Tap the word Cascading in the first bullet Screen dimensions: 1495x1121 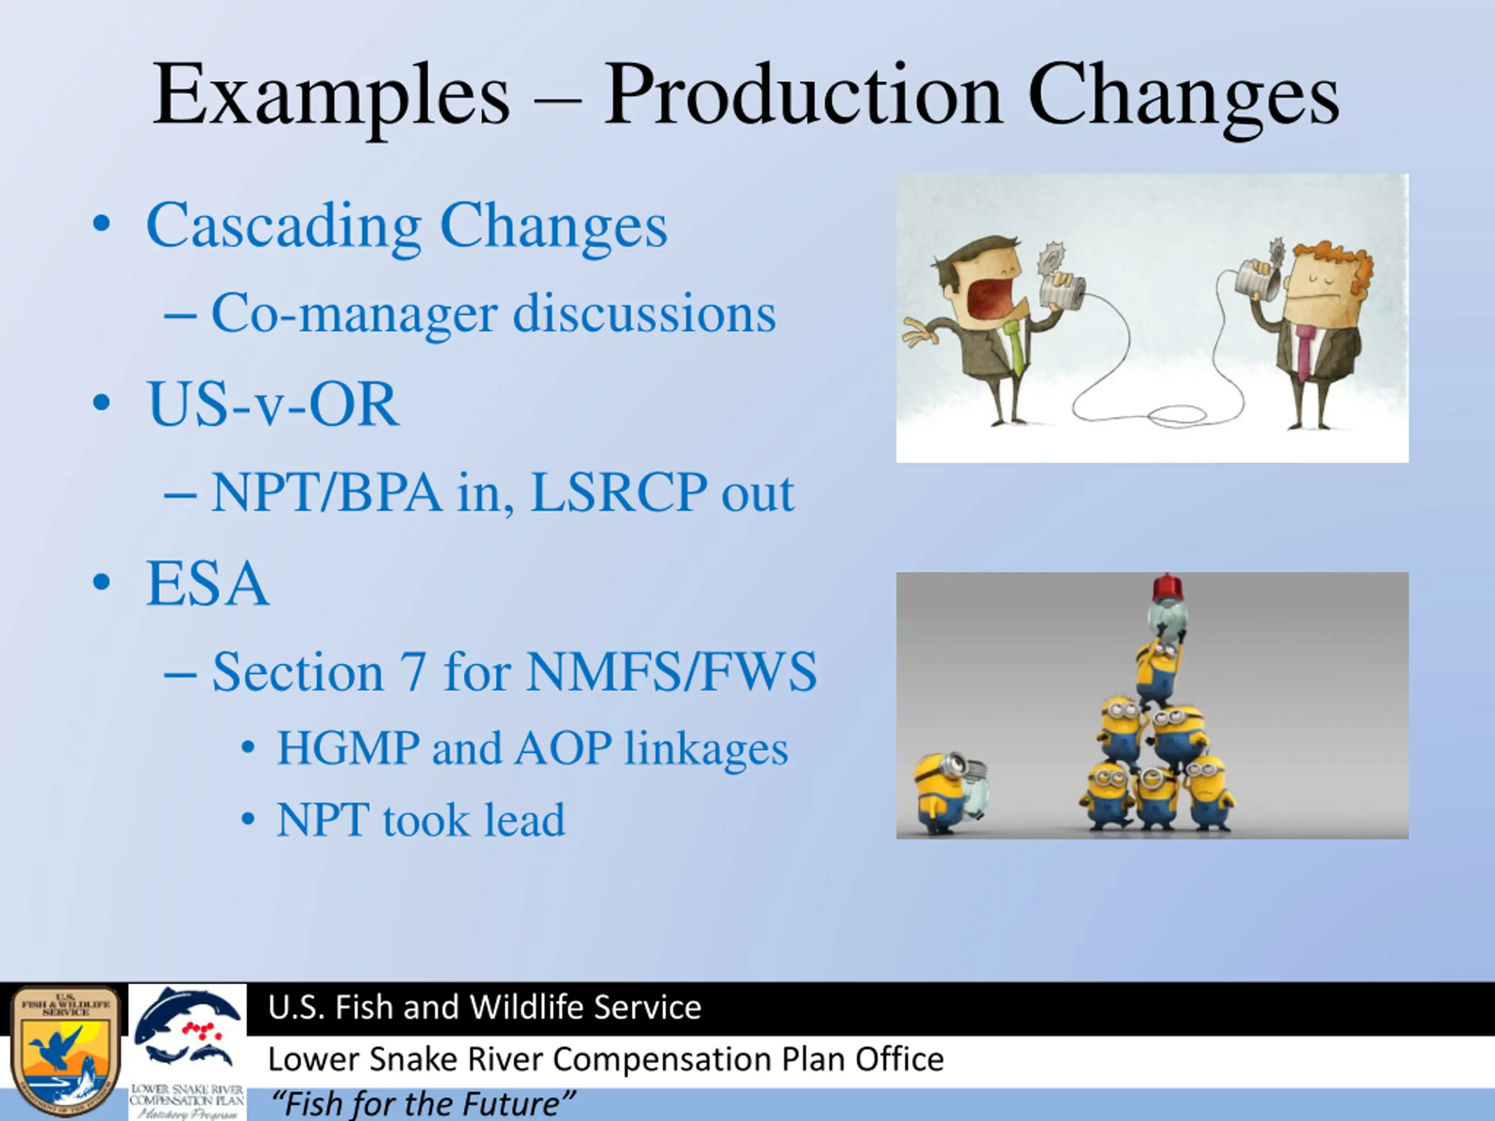284,227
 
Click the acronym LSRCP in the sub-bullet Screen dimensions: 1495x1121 618,493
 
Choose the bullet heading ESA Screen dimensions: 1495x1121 207,584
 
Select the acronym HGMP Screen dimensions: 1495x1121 348,748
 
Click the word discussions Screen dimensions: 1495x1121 644,314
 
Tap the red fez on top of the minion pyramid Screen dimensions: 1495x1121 1169,587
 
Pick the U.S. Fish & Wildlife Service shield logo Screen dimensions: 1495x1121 65,1051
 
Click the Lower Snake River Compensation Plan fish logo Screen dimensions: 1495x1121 187,1051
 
